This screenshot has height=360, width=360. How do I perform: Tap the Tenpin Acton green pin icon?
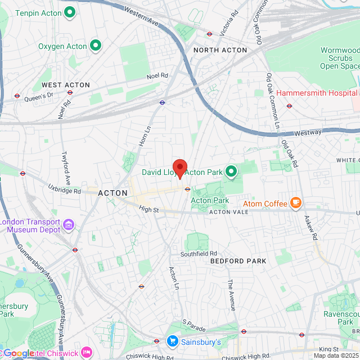(x=70, y=11)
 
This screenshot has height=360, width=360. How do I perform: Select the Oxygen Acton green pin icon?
(x=95, y=46)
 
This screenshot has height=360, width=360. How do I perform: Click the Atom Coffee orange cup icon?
(x=296, y=203)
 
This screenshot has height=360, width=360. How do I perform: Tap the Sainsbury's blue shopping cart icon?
(x=173, y=341)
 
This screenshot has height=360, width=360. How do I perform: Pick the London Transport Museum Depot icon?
(x=69, y=226)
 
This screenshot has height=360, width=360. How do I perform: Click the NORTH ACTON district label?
(x=220, y=50)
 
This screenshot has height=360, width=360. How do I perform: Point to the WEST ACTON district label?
(x=66, y=85)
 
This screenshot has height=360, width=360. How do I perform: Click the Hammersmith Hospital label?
(x=316, y=92)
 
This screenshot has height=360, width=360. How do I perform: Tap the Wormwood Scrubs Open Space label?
(x=340, y=58)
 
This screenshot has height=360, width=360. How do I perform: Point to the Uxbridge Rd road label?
(x=64, y=191)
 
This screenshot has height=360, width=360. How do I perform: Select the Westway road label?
(x=308, y=133)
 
